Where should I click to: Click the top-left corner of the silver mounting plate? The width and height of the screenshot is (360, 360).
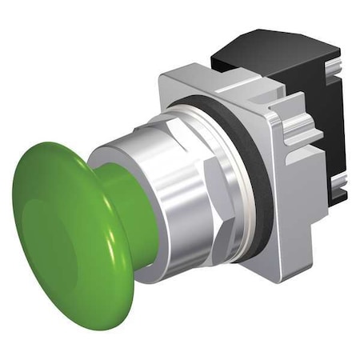pyautogui.click(x=164, y=76)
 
